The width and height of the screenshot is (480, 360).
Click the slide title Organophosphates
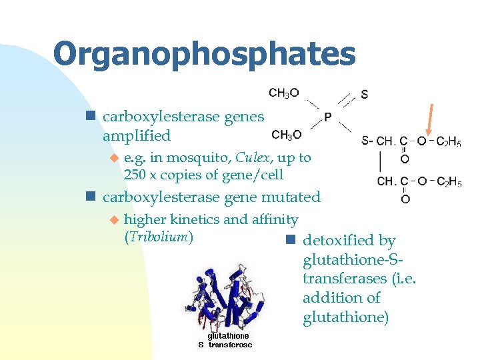click(x=204, y=54)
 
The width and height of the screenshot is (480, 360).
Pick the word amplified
click(x=137, y=135)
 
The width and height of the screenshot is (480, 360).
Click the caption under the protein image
click(x=225, y=341)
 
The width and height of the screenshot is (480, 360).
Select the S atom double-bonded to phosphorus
click(x=364, y=94)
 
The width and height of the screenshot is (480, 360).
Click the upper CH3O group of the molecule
click(x=284, y=93)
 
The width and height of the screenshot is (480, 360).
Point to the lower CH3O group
click(x=287, y=135)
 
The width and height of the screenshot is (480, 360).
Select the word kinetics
click(x=184, y=219)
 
